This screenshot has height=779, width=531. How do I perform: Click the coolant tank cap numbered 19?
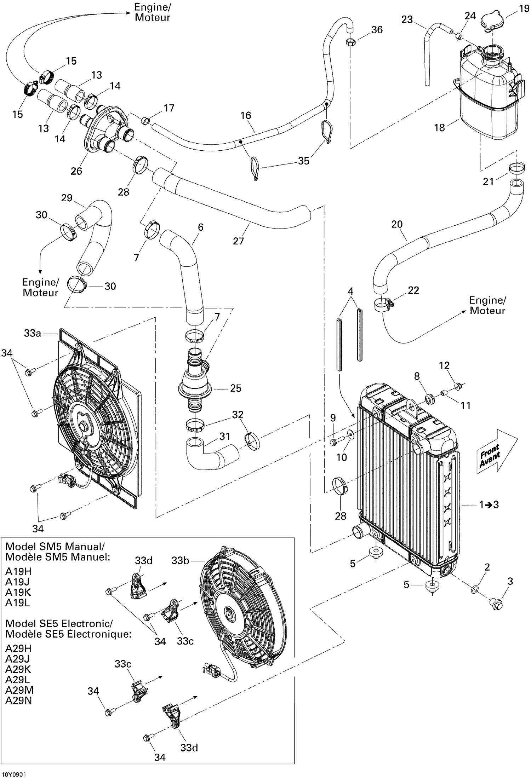[492, 22]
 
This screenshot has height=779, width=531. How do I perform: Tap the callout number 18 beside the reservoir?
[439, 127]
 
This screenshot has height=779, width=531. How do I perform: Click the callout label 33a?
[33, 333]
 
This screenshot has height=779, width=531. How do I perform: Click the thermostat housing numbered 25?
[195, 387]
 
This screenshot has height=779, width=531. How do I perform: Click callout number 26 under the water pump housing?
[76, 171]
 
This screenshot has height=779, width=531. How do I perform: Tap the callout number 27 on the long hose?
[238, 241]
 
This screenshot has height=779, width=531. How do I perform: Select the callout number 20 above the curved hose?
[397, 224]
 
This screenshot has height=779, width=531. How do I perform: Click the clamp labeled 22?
[384, 304]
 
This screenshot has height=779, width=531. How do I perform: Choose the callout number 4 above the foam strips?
[350, 292]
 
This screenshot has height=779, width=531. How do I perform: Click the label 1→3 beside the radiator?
[489, 504]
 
